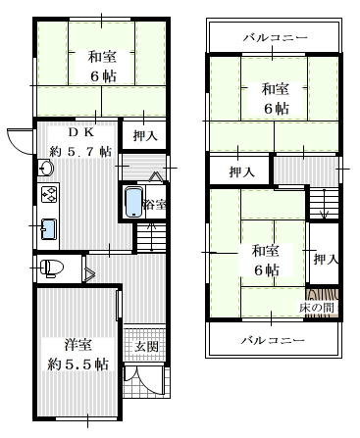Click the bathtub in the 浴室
(134, 202)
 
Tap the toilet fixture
(51, 268)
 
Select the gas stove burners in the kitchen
(49, 194)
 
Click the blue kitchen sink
(49, 229)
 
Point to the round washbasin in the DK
(46, 169)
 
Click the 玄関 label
(146, 346)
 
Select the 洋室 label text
(77, 344)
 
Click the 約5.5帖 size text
(77, 364)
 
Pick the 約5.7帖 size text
(80, 151)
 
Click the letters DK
(81, 133)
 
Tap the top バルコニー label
(275, 37)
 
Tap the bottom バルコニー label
(273, 341)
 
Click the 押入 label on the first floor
(145, 135)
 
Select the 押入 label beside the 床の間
(326, 259)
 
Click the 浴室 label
(155, 205)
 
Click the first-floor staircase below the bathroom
(151, 237)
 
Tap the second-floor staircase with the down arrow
(324, 204)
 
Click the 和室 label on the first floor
(102, 57)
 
